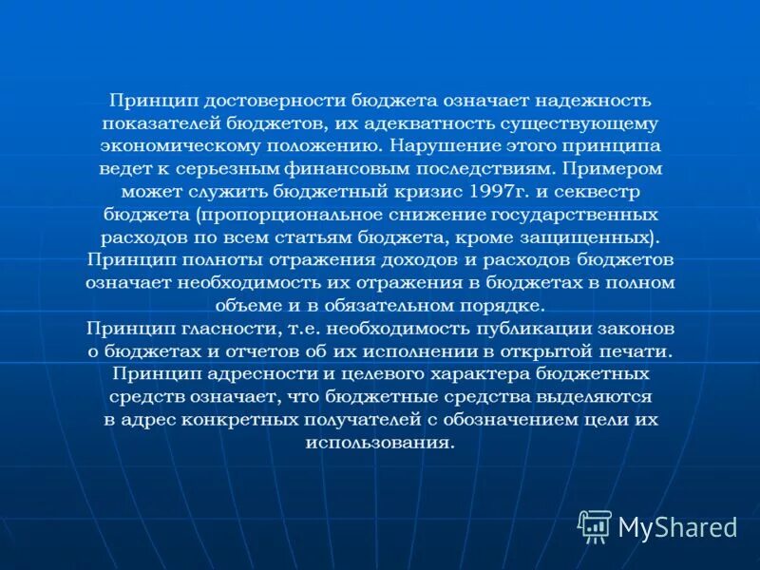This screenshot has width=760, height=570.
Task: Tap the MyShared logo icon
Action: click(x=594, y=525)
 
